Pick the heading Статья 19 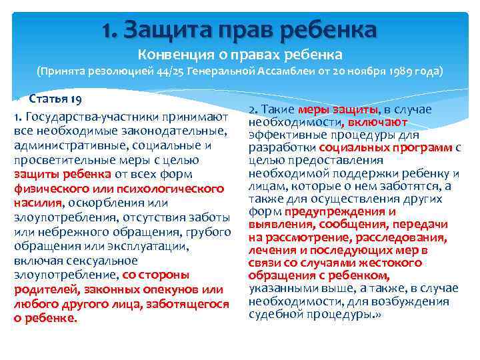pos(55,100)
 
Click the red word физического pos(51,189)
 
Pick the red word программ pos(419,147)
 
